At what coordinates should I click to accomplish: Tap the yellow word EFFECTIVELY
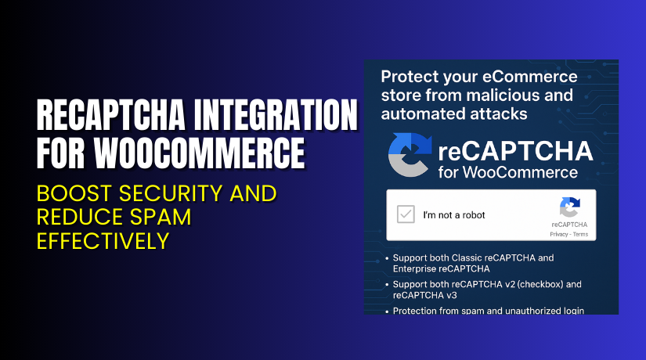103,239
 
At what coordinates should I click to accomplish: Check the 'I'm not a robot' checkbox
405,214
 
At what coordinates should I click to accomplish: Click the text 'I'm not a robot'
454,215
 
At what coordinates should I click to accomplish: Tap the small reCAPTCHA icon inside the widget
568,207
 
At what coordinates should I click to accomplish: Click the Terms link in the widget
579,234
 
